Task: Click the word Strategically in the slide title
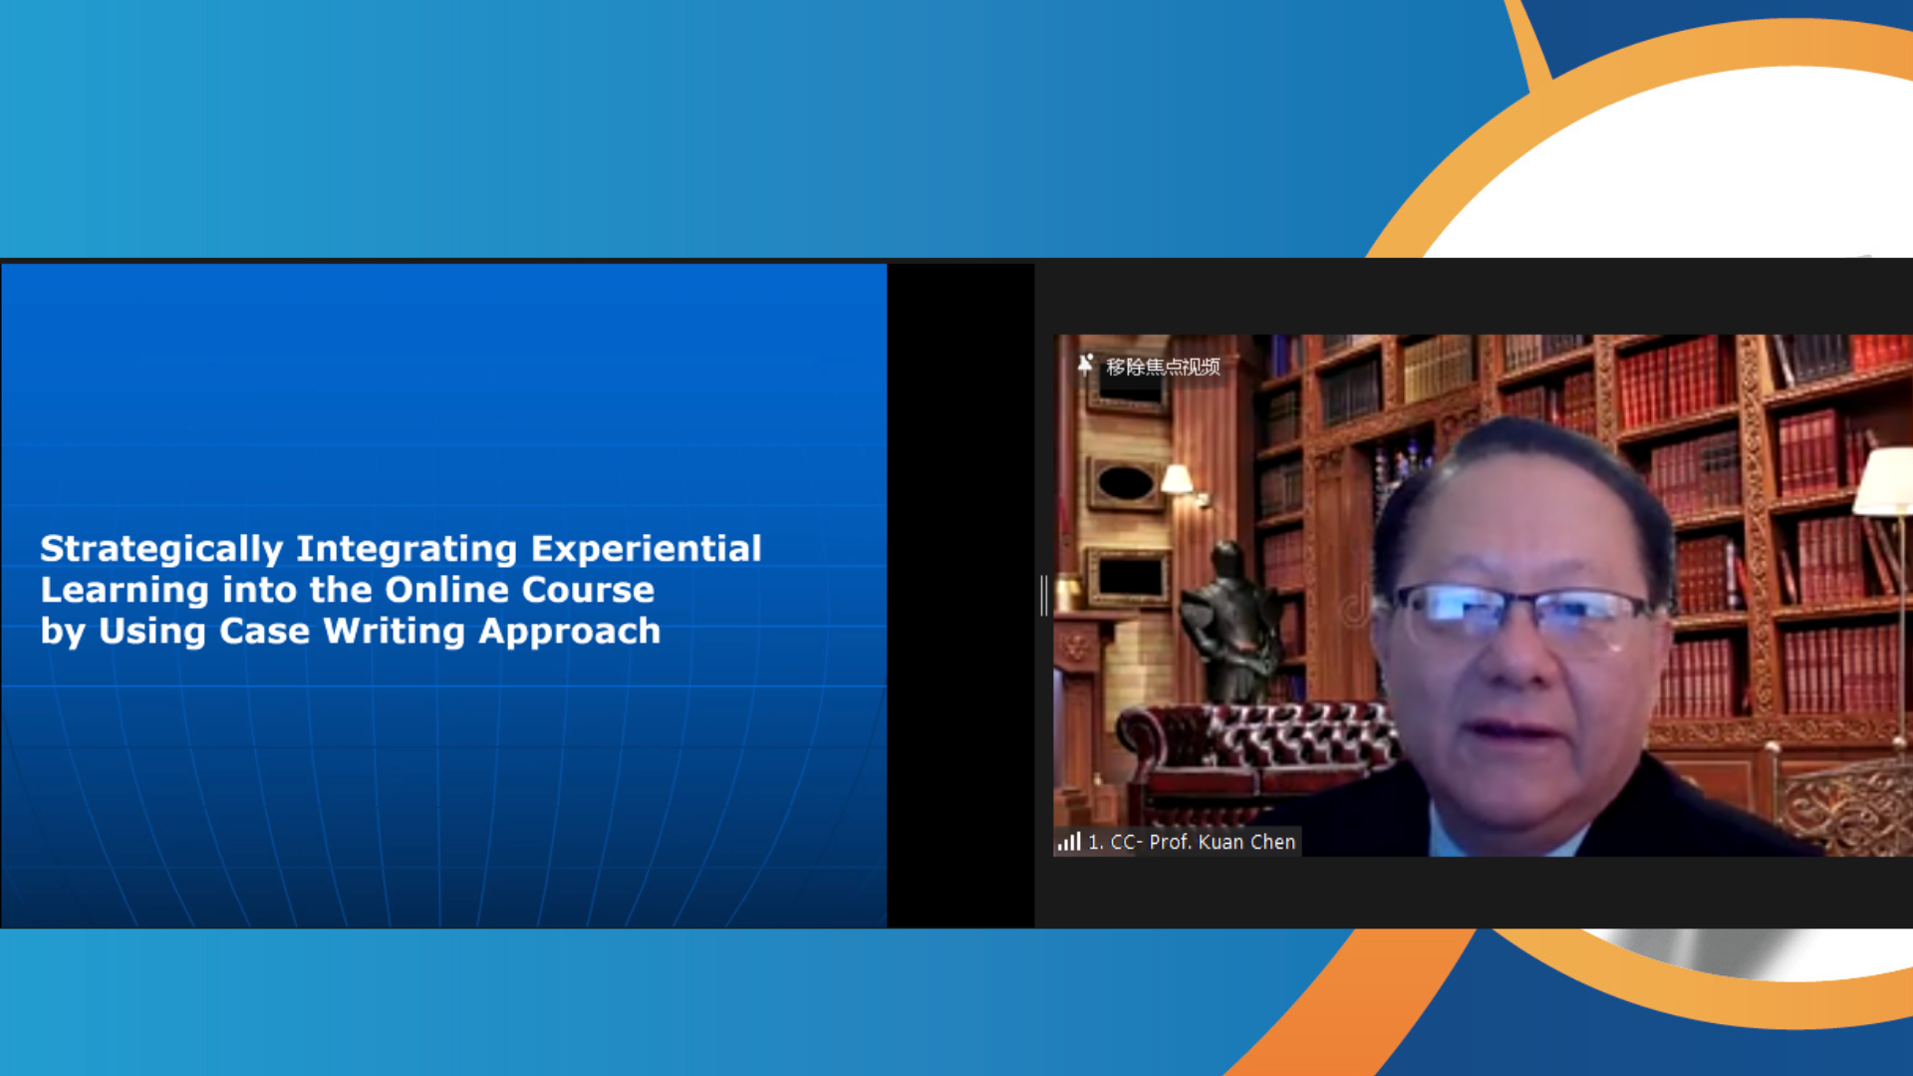point(161,550)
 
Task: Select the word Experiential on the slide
point(646,550)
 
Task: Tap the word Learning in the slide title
point(125,591)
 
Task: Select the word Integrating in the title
point(407,550)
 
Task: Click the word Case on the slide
point(264,632)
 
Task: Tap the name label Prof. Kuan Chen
point(1222,842)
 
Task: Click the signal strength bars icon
point(1069,842)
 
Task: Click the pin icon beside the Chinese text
point(1085,365)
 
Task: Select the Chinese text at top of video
point(1163,367)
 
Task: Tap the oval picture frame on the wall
point(1127,484)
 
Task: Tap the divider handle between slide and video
point(1043,595)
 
